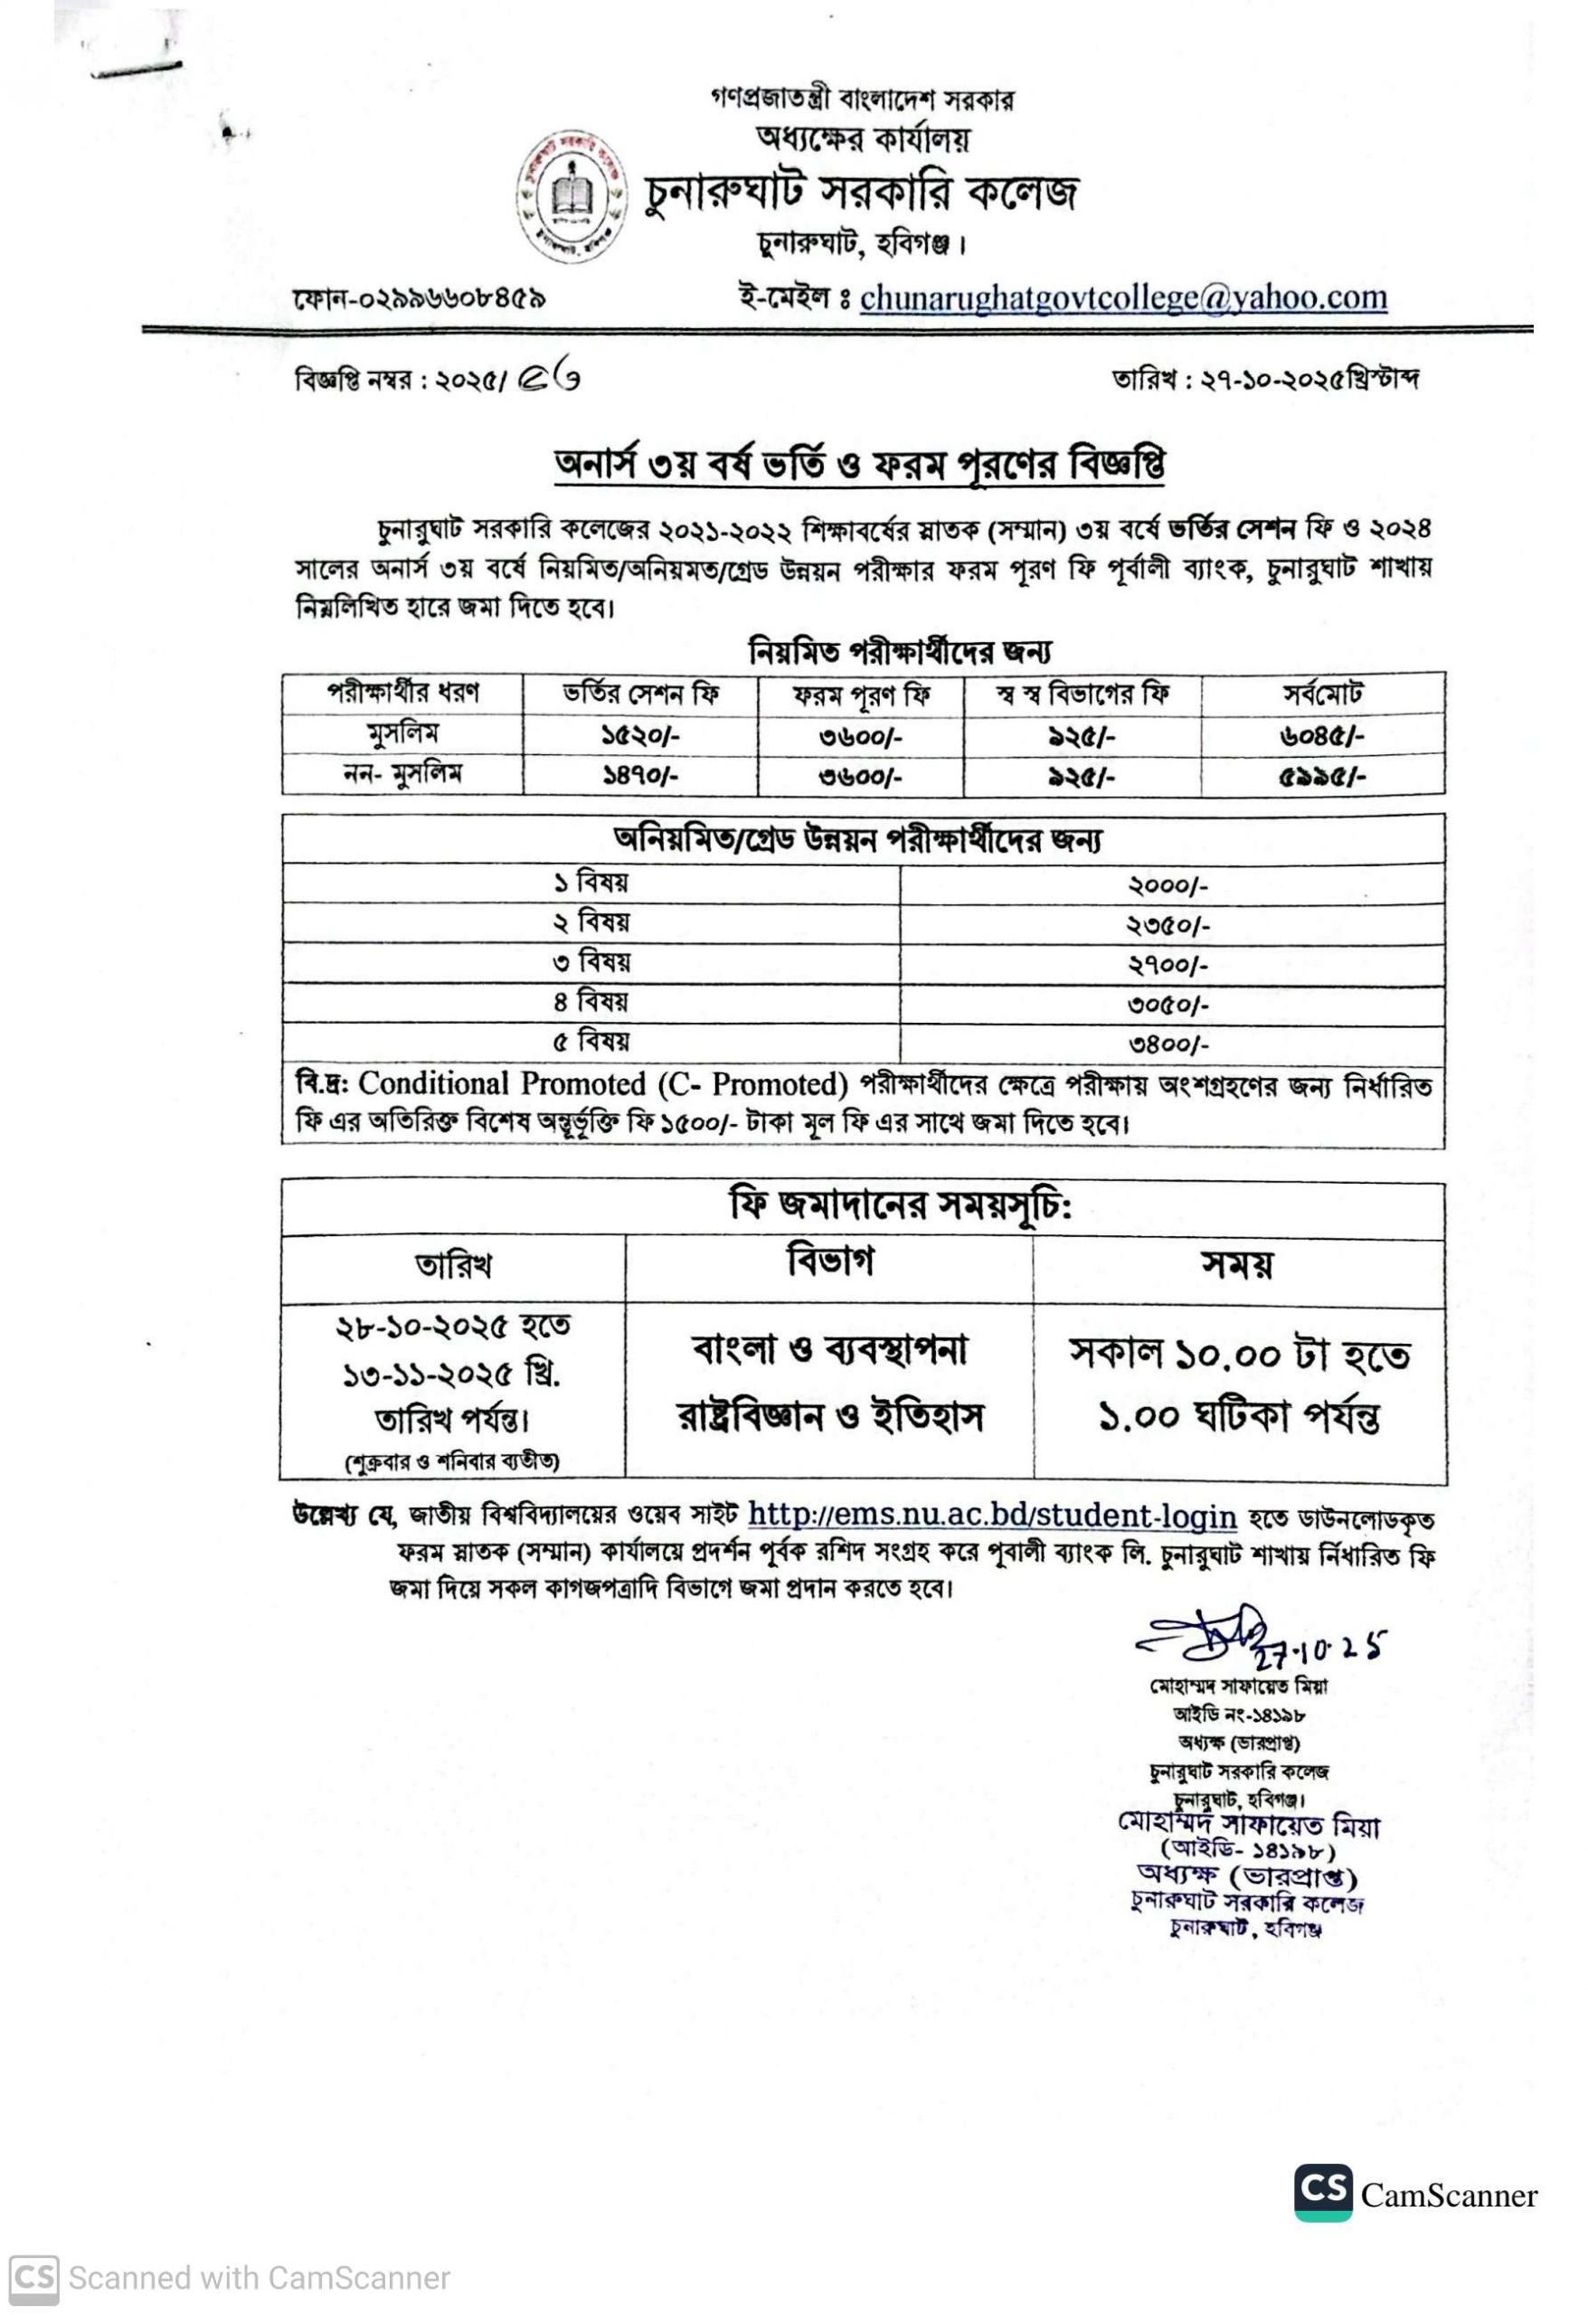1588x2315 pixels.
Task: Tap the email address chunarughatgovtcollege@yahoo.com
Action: point(1123,298)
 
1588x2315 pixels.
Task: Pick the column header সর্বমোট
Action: point(1322,694)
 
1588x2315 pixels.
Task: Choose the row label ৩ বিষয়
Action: point(591,963)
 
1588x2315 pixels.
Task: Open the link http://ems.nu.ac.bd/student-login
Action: point(991,1515)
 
